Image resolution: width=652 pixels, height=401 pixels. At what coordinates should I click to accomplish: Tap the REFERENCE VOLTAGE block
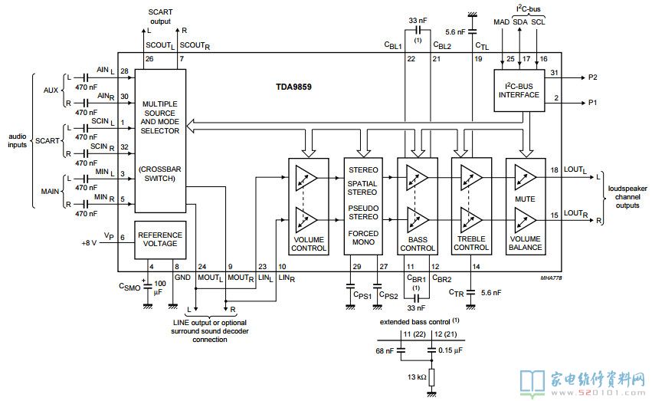tap(160, 238)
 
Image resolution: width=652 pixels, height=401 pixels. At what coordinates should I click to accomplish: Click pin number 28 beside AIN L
tap(124, 71)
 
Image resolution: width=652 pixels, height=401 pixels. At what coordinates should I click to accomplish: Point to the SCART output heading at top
tap(160, 15)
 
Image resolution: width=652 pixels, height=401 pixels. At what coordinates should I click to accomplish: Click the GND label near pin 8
tap(182, 277)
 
